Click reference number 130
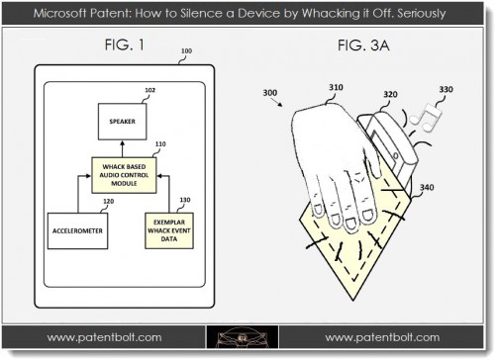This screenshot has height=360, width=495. pos(185,201)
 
